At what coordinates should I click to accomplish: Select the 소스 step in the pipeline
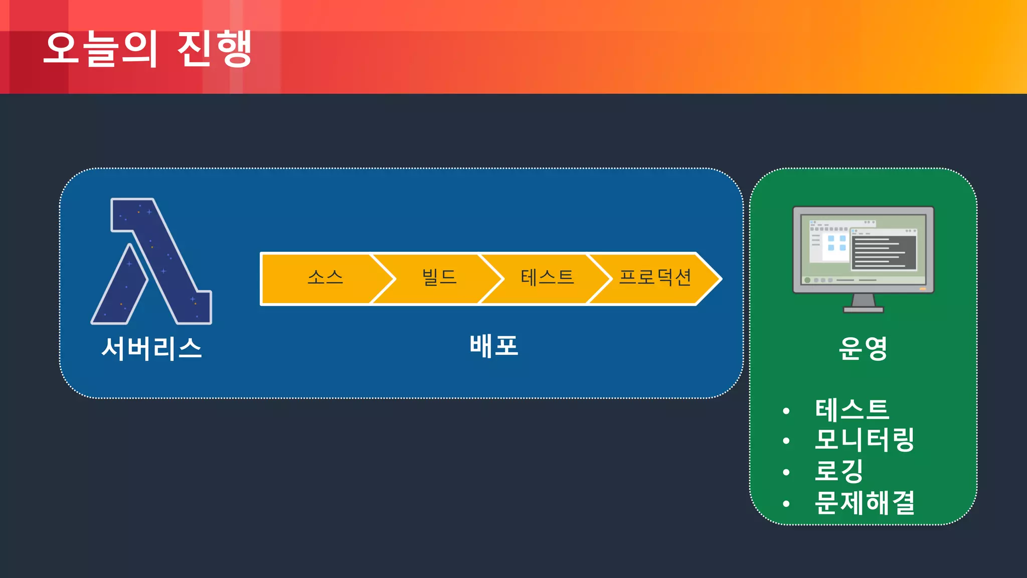coord(325,277)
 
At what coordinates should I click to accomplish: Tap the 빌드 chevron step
coord(439,277)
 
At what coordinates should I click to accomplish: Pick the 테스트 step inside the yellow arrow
coord(547,277)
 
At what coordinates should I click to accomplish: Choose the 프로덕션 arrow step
coord(655,277)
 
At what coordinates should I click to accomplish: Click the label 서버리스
coord(151,348)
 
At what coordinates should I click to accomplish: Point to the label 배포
coord(494,346)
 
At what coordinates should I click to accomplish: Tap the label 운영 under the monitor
coord(863,348)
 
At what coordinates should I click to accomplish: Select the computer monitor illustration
coord(863,251)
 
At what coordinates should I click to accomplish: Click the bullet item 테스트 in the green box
coord(852,409)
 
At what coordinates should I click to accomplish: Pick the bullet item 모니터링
coord(865,440)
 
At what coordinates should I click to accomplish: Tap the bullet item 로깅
coord(839,471)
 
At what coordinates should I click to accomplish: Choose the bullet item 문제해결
coord(865,502)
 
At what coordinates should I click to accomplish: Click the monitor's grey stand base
coord(863,310)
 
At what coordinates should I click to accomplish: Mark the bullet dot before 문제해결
coord(786,503)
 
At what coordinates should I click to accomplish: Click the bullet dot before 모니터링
coord(786,441)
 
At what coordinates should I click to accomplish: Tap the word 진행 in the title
coord(215,49)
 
